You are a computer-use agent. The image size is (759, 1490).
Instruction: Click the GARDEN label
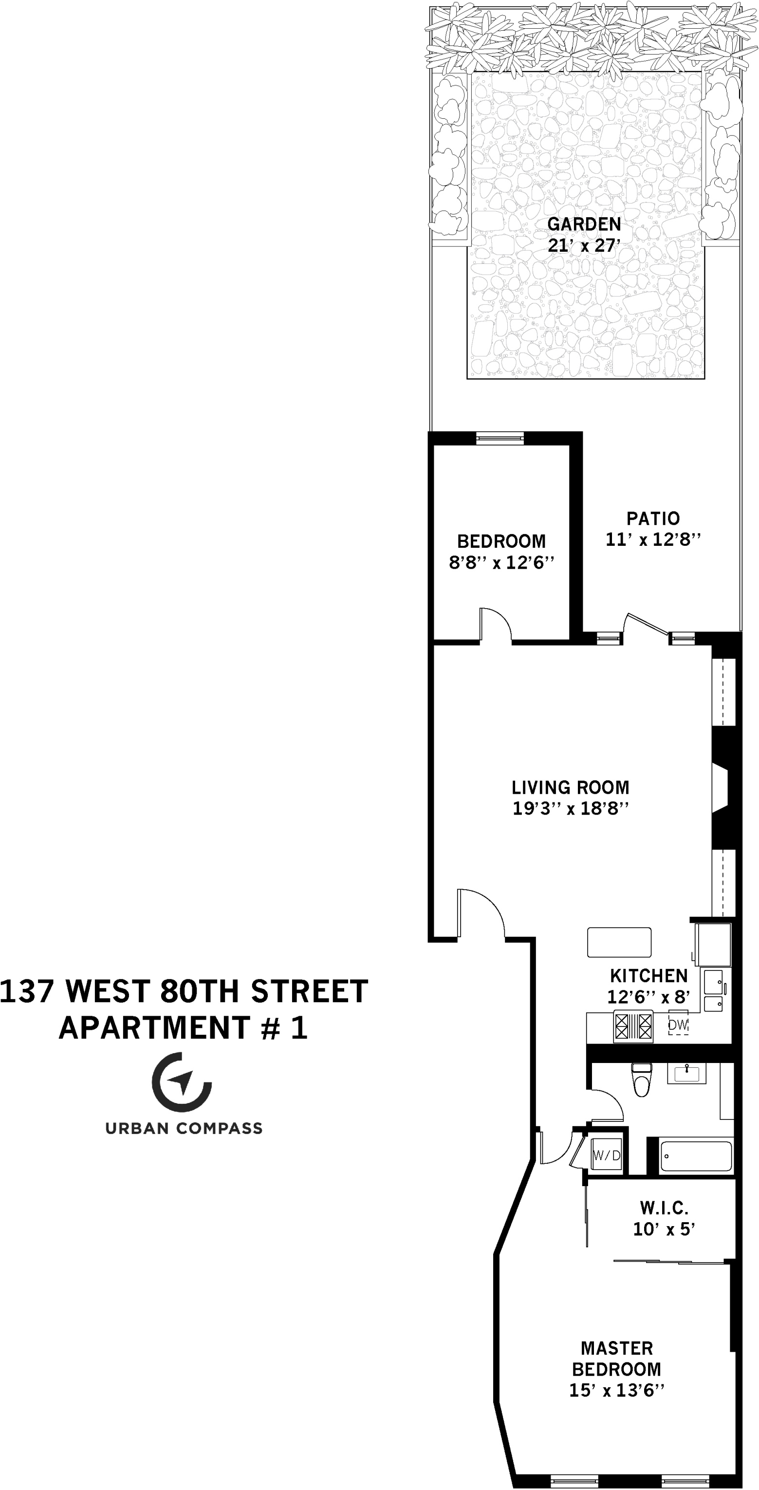tap(584, 224)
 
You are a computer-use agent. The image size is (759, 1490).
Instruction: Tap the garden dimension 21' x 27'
tap(584, 246)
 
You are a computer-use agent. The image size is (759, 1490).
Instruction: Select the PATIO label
tap(653, 518)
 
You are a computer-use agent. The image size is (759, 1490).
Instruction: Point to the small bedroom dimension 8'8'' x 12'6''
tap(501, 563)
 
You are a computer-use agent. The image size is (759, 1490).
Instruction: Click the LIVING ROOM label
tap(571, 787)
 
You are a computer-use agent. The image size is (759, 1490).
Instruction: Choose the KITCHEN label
tap(648, 976)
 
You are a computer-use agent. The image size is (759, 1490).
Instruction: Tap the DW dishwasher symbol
tap(678, 1025)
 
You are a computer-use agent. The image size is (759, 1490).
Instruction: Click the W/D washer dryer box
tap(606, 1155)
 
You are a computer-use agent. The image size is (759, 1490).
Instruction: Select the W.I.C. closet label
tap(664, 1208)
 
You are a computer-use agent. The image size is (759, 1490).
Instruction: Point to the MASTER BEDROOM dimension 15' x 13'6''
tap(617, 1391)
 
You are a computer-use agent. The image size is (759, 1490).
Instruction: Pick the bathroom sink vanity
tap(686, 1074)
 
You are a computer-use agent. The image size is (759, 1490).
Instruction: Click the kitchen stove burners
tap(633, 1027)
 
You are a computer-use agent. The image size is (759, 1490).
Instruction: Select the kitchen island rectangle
tap(619, 942)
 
